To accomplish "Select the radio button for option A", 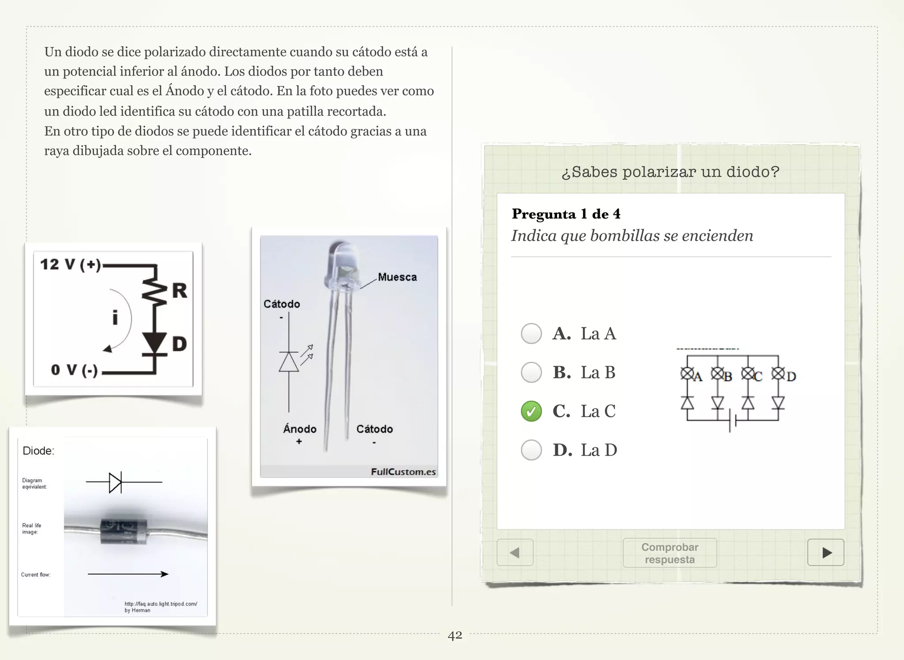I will coord(531,334).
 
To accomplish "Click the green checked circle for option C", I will coord(531,411).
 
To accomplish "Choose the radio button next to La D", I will coord(531,450).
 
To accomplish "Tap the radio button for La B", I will coord(531,372).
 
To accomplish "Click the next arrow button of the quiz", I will coord(825,552).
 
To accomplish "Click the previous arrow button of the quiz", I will coord(515,552).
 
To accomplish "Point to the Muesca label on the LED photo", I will coord(397,277).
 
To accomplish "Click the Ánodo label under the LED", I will coord(300,429).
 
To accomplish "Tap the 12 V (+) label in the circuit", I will coord(71,265).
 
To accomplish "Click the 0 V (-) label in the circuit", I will coord(74,370).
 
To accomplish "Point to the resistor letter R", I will coord(179,291).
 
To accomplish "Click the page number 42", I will coord(455,635).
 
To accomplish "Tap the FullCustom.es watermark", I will coord(403,472).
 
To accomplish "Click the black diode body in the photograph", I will coord(123,531).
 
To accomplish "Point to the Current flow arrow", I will coord(128,574).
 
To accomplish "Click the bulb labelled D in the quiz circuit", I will coord(778,374).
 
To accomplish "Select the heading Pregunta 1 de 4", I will coord(566,214).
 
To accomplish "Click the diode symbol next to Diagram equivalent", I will coord(116,482).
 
